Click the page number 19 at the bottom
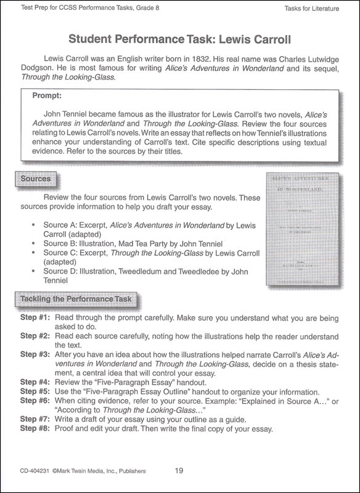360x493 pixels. click(x=179, y=471)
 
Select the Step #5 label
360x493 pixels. click(x=35, y=392)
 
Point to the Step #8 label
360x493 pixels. click(x=35, y=429)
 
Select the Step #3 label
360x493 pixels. click(x=35, y=355)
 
